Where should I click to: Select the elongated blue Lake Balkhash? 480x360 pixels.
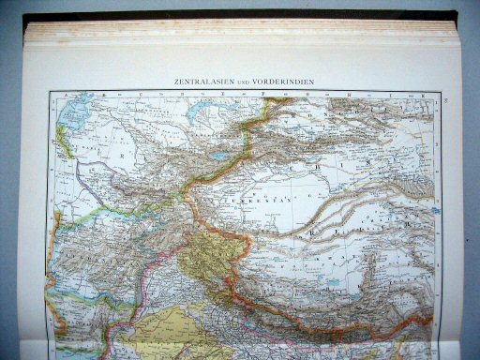(x=207, y=110)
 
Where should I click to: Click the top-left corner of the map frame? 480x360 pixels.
(x=50, y=92)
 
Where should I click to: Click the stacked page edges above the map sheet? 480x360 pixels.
(x=234, y=32)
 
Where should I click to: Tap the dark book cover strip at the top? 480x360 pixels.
(x=234, y=14)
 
